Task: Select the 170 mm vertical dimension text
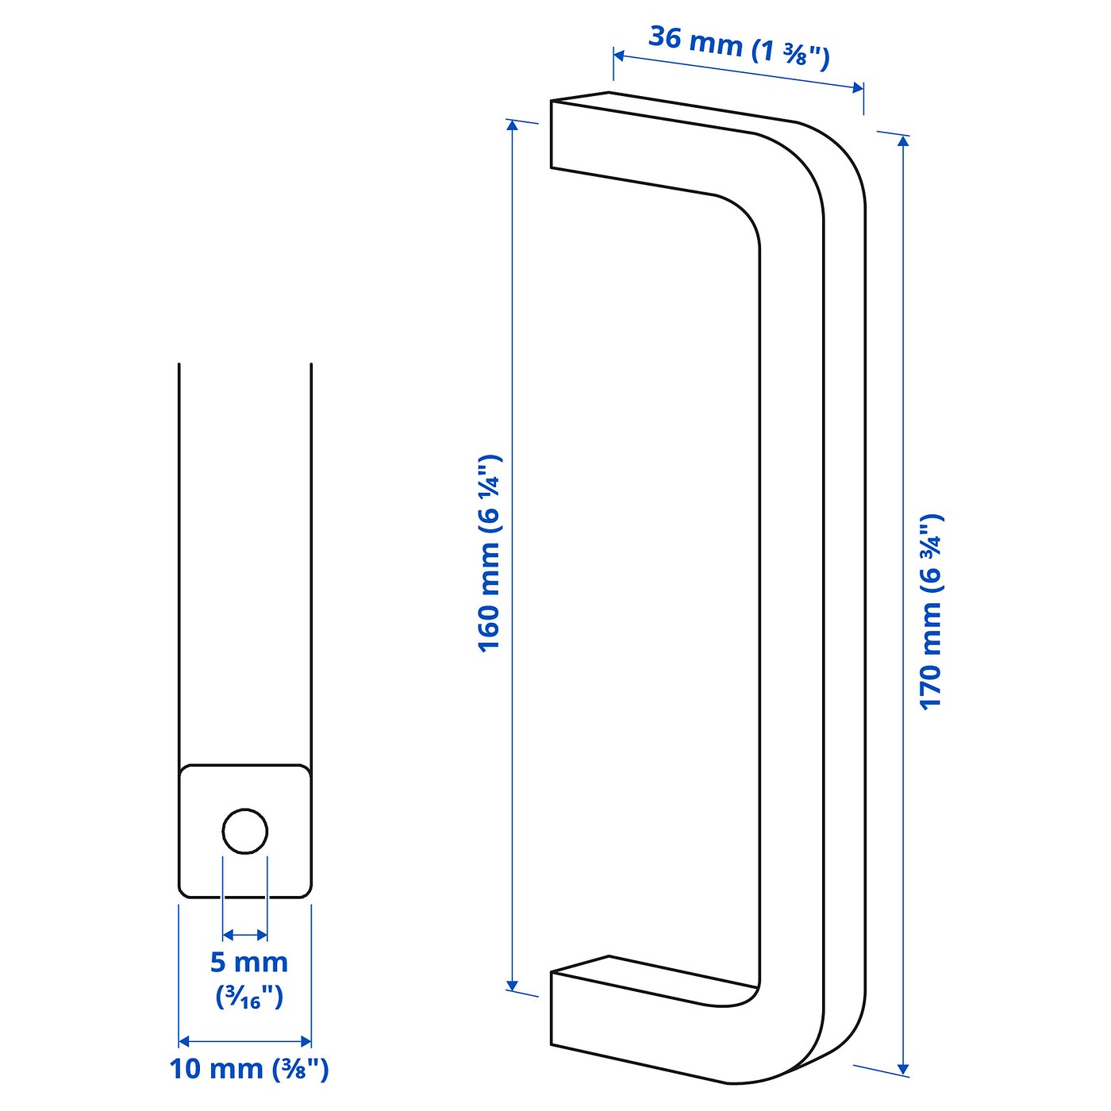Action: (x=931, y=611)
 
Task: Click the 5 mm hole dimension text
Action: (x=248, y=962)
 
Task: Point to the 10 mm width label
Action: (x=248, y=1069)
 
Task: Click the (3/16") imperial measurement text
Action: (x=248, y=997)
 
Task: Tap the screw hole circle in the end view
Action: (x=244, y=832)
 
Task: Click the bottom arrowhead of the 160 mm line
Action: (x=513, y=986)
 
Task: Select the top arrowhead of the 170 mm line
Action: (x=903, y=141)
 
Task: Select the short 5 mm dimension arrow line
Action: (x=245, y=935)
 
